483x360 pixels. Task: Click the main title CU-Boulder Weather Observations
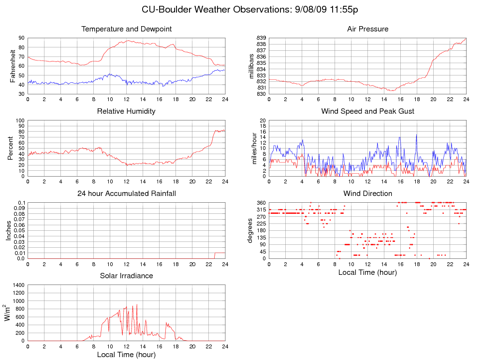pyautogui.click(x=250, y=10)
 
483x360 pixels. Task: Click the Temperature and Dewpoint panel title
pyautogui.click(x=127, y=29)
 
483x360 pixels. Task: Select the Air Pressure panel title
pyautogui.click(x=367, y=29)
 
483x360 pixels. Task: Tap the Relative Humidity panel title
pyautogui.click(x=127, y=111)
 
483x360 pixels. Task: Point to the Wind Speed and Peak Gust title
pyautogui.click(x=367, y=111)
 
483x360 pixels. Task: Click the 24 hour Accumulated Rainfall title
pyautogui.click(x=127, y=194)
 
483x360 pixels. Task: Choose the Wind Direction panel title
pyautogui.click(x=367, y=194)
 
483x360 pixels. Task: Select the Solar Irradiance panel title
pyautogui.click(x=127, y=276)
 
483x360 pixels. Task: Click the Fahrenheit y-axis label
pyautogui.click(x=13, y=65)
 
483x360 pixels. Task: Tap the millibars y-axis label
pyautogui.click(x=251, y=66)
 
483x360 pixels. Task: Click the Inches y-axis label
pyautogui.click(x=9, y=230)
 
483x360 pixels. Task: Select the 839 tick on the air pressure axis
pyautogui.click(x=261, y=38)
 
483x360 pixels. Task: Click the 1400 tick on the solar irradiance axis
pyautogui.click(x=18, y=285)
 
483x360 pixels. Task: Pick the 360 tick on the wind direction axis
pyautogui.click(x=260, y=202)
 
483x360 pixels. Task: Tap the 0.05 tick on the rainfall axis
pyautogui.click(x=19, y=230)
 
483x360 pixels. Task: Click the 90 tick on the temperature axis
pyautogui.click(x=22, y=38)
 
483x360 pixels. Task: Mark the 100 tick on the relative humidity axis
pyautogui.click(x=20, y=120)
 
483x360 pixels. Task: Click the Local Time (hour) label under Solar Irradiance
pyautogui.click(x=127, y=355)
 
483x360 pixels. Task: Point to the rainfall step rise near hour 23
pyautogui.click(x=215, y=255)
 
